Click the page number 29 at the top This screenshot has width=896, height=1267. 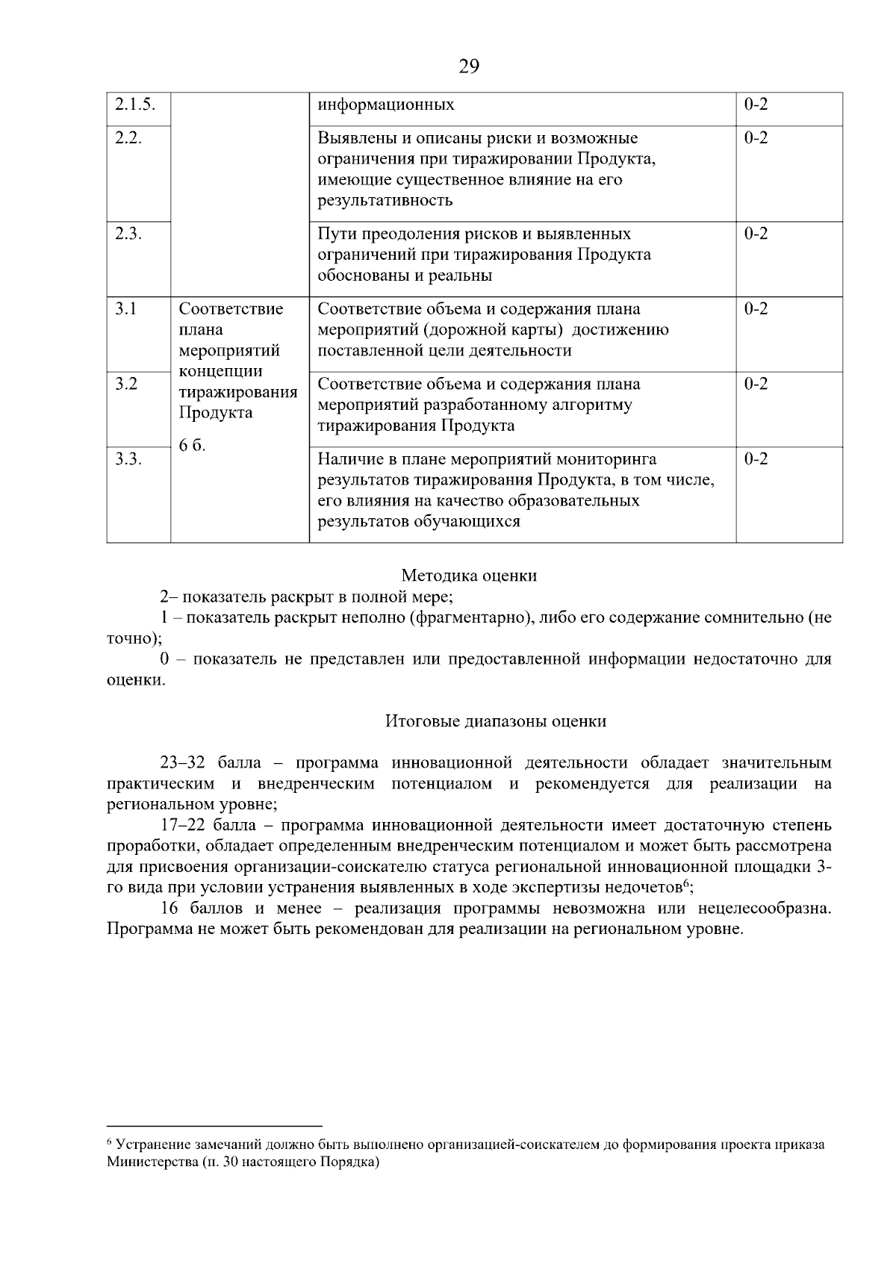pos(469,67)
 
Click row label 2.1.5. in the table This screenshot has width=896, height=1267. pos(135,105)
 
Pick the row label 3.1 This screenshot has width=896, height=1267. pos(126,309)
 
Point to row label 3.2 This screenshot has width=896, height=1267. pos(126,385)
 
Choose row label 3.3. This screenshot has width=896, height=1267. pos(128,459)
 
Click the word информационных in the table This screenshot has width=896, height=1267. pos(386,105)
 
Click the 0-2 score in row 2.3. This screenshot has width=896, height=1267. pos(756,234)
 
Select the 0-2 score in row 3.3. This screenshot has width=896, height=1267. pos(756,459)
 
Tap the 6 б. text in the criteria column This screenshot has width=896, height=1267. pos(193,446)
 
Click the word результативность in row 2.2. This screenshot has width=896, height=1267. pos(385,201)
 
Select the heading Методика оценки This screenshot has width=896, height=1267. pos(469,576)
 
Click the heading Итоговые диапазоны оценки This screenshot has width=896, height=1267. pos(496,721)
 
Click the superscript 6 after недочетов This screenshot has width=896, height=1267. pos(685,884)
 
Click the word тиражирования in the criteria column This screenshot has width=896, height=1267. pos(238,393)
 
